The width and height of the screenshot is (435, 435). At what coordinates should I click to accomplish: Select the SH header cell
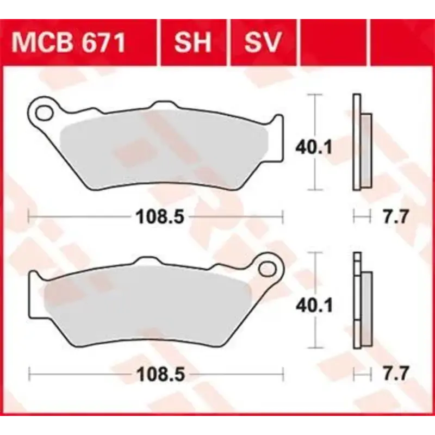tap(192, 42)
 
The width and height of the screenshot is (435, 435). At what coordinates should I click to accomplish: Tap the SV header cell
tap(263, 42)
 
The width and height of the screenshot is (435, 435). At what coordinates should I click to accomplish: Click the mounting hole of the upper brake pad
tap(42, 114)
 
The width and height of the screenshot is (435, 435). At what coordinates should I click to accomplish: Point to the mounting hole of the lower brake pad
tap(268, 268)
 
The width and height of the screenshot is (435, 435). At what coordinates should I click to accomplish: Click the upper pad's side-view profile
tap(361, 142)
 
